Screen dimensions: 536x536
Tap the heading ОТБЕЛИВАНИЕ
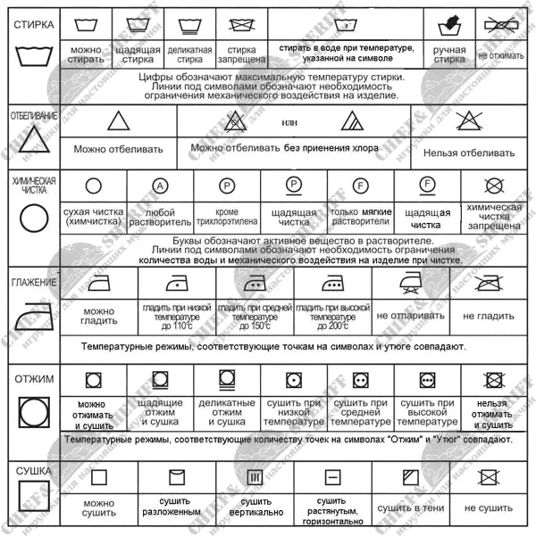coord(33,116)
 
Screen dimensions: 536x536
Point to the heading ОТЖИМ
coord(33,379)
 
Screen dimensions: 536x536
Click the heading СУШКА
coord(31,470)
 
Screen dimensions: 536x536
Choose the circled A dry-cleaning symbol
coord(160,186)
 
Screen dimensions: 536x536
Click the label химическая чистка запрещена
coord(494,217)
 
